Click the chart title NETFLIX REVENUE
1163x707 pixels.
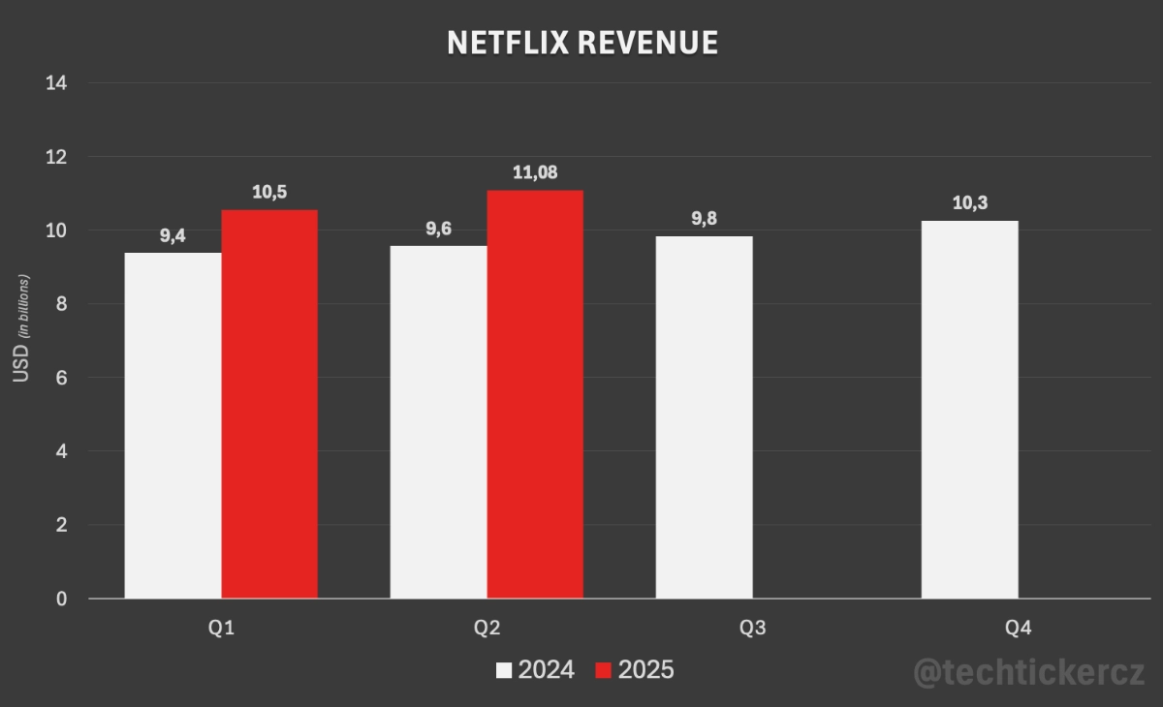pos(581,43)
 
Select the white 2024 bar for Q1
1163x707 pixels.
pos(173,425)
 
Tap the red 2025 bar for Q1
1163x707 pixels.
pos(269,404)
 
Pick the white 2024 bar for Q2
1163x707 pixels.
pos(439,421)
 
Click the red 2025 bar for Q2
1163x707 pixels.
pos(535,394)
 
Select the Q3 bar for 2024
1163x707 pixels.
pos(705,416)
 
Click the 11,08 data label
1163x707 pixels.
pos(535,174)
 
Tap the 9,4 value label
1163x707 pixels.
pos(173,236)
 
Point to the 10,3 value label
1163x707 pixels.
pos(969,204)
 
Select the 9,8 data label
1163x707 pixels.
pos(704,219)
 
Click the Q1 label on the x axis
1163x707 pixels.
pos(222,629)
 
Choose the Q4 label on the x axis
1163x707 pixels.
pos(1018,629)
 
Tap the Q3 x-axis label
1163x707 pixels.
pos(752,629)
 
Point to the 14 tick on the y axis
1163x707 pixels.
pos(56,83)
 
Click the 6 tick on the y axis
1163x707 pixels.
pos(61,378)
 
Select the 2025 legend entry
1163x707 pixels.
pos(635,670)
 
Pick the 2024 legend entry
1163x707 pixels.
pos(535,670)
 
